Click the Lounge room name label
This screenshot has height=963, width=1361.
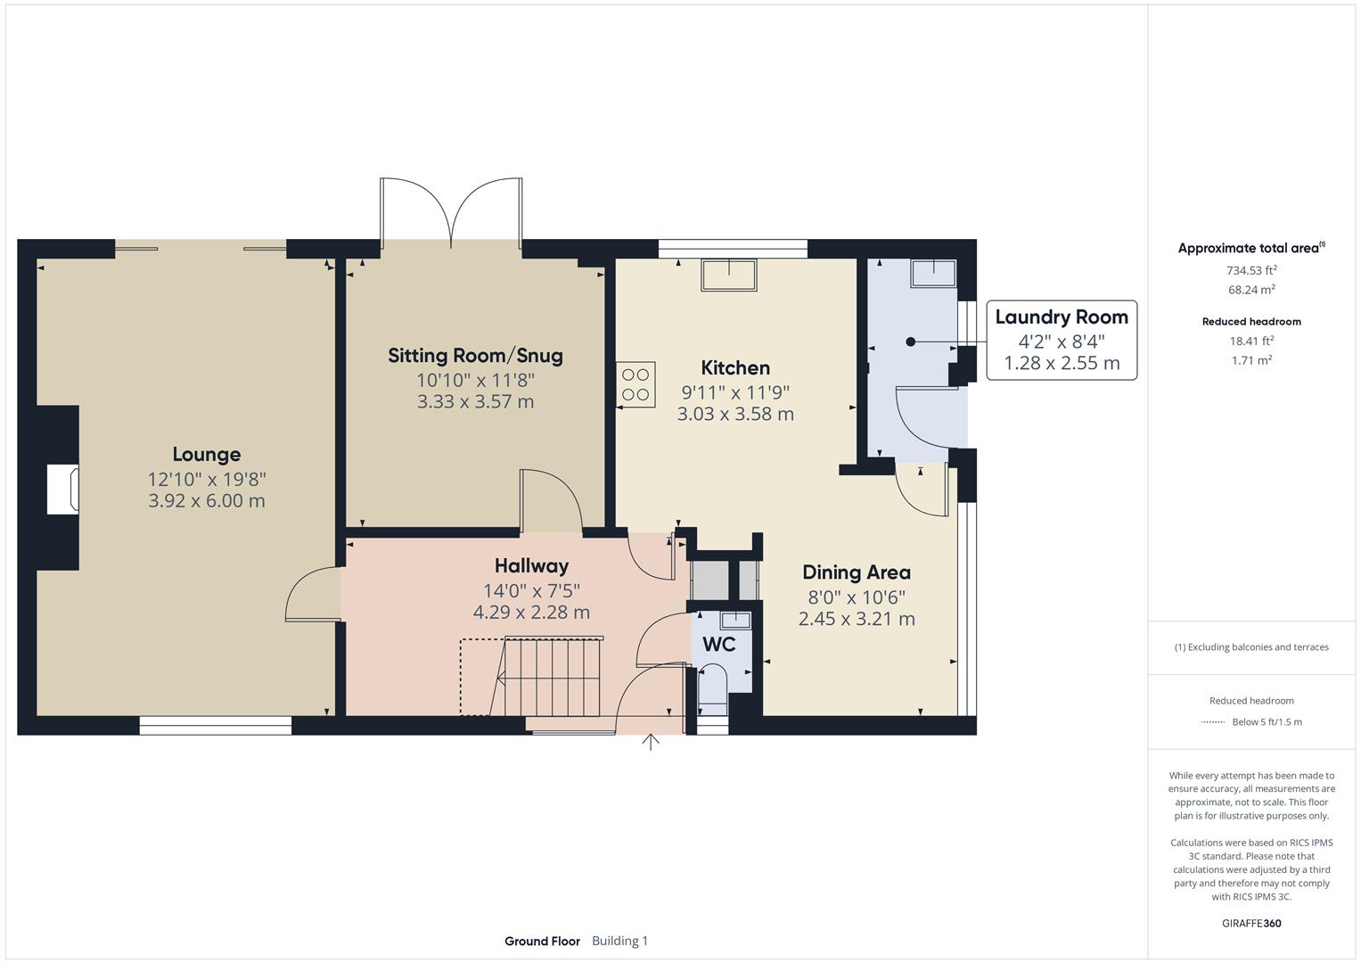coord(206,455)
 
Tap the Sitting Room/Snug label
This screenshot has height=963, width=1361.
coord(475,356)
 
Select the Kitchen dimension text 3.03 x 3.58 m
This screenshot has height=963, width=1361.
coord(735,414)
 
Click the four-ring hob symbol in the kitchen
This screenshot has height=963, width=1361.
coord(635,384)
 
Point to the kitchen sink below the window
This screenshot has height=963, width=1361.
coord(729,274)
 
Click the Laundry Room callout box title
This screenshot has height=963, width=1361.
coord(1061,317)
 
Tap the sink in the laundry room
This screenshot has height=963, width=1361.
coord(932,273)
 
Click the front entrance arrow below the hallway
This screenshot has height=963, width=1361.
coord(651,742)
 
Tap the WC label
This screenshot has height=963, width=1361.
coord(718,644)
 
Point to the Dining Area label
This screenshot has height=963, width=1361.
coord(856,572)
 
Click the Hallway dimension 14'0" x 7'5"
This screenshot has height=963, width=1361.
coord(531,590)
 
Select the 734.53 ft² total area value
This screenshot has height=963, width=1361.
coord(1251,270)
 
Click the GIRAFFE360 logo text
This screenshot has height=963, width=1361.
coord(1251,923)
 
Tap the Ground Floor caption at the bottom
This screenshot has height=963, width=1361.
coord(542,941)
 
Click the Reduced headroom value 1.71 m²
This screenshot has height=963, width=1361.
coord(1251,360)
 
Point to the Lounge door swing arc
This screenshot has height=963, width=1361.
coord(303,592)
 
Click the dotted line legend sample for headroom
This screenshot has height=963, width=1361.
coord(1212,722)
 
